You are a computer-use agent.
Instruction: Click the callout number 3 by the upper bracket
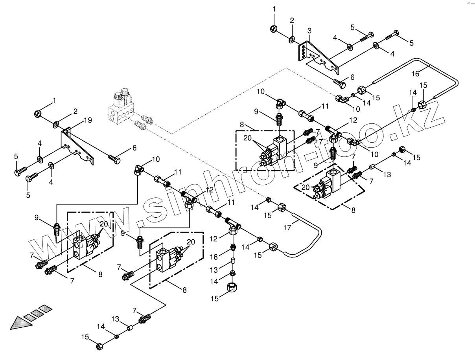(x=309, y=31)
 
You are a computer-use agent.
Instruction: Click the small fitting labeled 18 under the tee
(x=233, y=247)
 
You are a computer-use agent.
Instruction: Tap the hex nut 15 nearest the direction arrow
(x=99, y=346)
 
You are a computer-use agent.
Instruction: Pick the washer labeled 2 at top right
(x=291, y=39)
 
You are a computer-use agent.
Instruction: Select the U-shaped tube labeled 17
(x=311, y=236)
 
